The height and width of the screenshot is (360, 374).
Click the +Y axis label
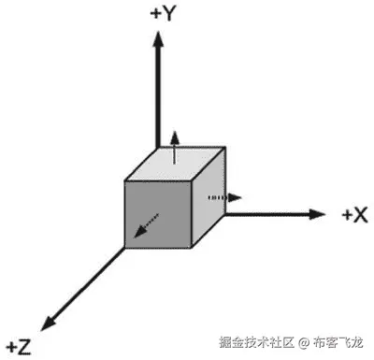[164, 13]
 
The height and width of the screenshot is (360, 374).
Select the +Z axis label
[19, 346]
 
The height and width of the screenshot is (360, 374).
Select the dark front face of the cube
[158, 212]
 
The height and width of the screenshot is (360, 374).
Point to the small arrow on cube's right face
[224, 197]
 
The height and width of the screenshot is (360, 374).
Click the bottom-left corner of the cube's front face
[125, 248]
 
